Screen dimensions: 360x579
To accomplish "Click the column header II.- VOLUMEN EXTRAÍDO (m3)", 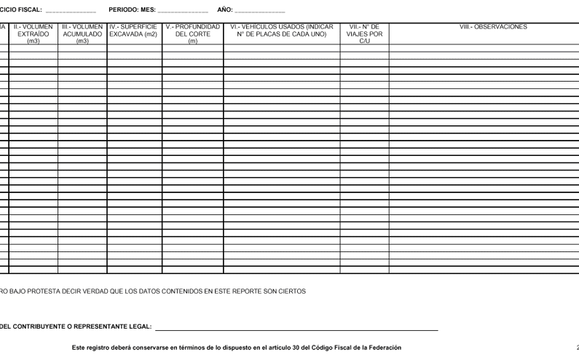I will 34,34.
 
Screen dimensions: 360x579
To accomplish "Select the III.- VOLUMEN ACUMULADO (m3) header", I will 82,34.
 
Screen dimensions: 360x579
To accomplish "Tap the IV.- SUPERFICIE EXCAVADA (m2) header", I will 134,31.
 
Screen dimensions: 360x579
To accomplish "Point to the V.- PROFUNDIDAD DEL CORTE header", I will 192,34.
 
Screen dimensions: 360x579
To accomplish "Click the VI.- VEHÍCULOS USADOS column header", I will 281,31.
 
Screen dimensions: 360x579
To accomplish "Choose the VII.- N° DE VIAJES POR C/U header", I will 364,34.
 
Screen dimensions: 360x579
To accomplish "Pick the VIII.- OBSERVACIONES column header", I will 484,27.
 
